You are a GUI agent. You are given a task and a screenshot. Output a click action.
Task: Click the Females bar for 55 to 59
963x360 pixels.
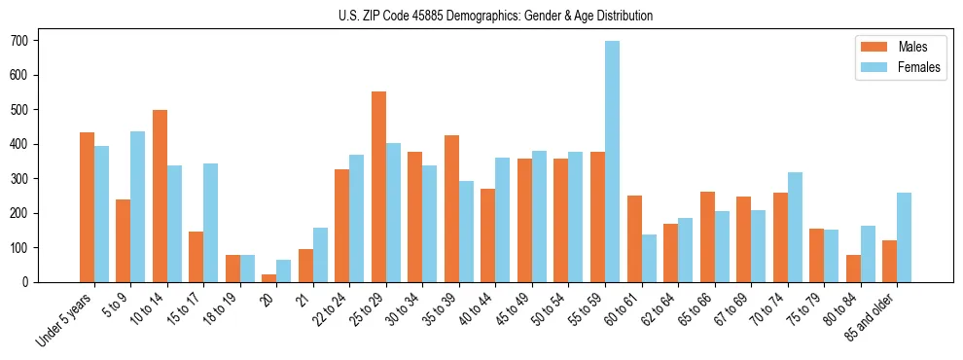[x=612, y=162]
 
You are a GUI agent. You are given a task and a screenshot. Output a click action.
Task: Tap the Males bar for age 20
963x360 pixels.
[x=268, y=278]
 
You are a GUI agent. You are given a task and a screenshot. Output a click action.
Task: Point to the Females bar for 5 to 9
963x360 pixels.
[x=138, y=206]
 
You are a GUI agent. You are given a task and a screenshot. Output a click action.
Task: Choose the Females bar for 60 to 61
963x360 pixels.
[x=649, y=258]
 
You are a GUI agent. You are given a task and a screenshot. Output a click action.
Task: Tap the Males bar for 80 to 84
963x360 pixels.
[x=853, y=269]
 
